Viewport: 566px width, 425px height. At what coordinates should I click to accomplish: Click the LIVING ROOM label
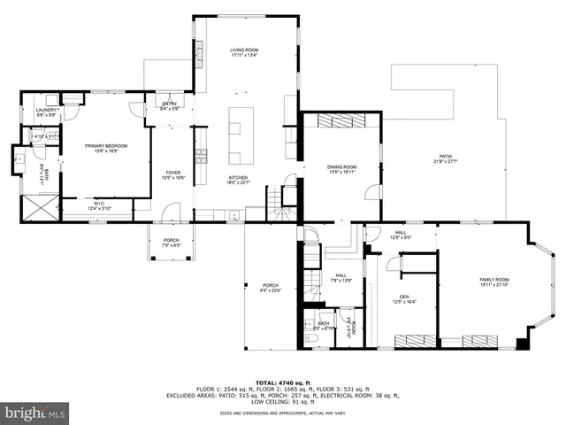243,52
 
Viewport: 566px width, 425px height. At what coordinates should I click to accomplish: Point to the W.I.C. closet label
99,206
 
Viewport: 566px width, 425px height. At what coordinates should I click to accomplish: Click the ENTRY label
170,105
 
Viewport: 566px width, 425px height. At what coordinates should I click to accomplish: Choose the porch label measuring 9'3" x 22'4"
270,288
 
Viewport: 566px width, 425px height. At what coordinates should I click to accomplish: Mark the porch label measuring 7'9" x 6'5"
171,242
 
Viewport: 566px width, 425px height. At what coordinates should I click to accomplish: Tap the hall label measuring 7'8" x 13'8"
341,277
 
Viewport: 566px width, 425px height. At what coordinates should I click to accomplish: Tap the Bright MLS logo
35,413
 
